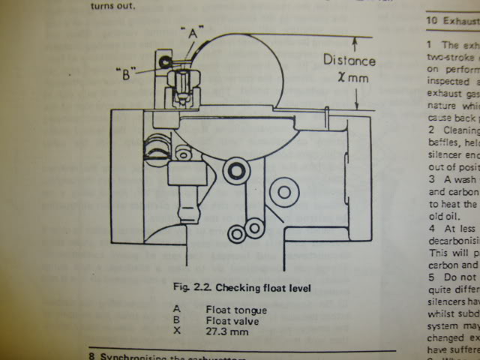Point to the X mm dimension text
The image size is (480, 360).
pos(346,80)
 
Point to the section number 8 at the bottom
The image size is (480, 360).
pos(91,355)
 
